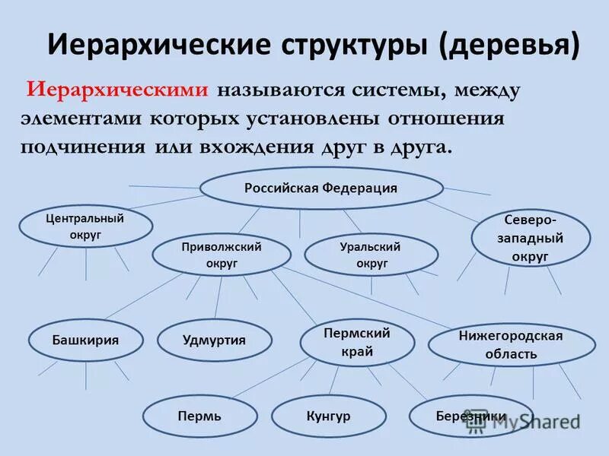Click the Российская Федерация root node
[320, 188]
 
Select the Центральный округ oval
[84, 226]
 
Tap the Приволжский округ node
[221, 255]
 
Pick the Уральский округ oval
[371, 255]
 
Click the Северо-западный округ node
[531, 238]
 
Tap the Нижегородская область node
[511, 345]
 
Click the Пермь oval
[199, 416]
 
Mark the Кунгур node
[328, 416]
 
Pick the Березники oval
[470, 416]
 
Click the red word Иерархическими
[118, 90]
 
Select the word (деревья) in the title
[509, 45]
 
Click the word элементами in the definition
[83, 119]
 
